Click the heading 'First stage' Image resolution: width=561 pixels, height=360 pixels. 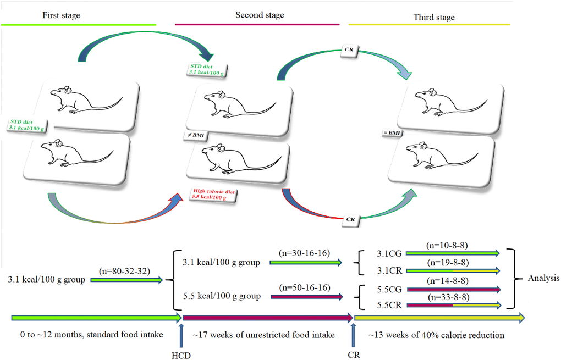[x=61, y=15]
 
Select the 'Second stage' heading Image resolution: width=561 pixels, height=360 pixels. [x=260, y=15]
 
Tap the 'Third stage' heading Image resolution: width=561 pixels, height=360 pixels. [x=434, y=18]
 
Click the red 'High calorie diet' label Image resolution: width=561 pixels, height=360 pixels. [x=212, y=193]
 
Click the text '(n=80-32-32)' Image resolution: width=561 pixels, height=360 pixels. [x=124, y=271]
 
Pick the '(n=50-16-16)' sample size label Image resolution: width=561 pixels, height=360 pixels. [x=304, y=287]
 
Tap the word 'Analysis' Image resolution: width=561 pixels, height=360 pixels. [x=541, y=279]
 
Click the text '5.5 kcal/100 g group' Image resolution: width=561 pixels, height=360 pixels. [x=221, y=296]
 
